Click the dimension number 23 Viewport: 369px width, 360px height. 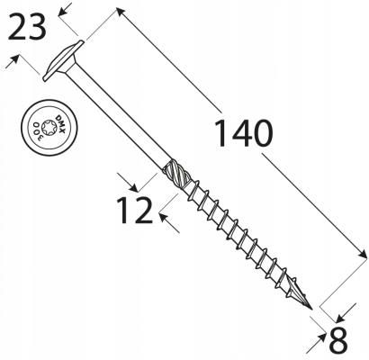pyautogui.click(x=27, y=27)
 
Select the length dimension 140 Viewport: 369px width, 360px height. pyautogui.click(x=243, y=133)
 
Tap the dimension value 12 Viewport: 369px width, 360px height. pyautogui.click(x=134, y=211)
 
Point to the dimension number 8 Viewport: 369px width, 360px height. pyautogui.click(x=338, y=341)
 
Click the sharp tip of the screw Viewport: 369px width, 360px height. pyautogui.click(x=311, y=310)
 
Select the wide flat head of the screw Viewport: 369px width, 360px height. pyautogui.click(x=64, y=60)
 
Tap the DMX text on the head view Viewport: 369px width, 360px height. pyautogui.click(x=61, y=123)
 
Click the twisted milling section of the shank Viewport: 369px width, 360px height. pyautogui.click(x=176, y=174)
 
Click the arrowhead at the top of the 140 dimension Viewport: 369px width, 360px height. pyautogui.click(x=120, y=12)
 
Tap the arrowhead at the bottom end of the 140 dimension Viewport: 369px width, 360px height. pyautogui.click(x=363, y=255)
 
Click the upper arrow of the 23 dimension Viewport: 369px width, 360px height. pyautogui.click(x=66, y=9)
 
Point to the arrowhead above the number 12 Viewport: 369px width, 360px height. pyautogui.click(x=130, y=183)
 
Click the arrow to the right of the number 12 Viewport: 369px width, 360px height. pyautogui.click(x=168, y=222)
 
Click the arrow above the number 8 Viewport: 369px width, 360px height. pyautogui.click(x=346, y=312)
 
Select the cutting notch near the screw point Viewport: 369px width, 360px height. pyautogui.click(x=293, y=290)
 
